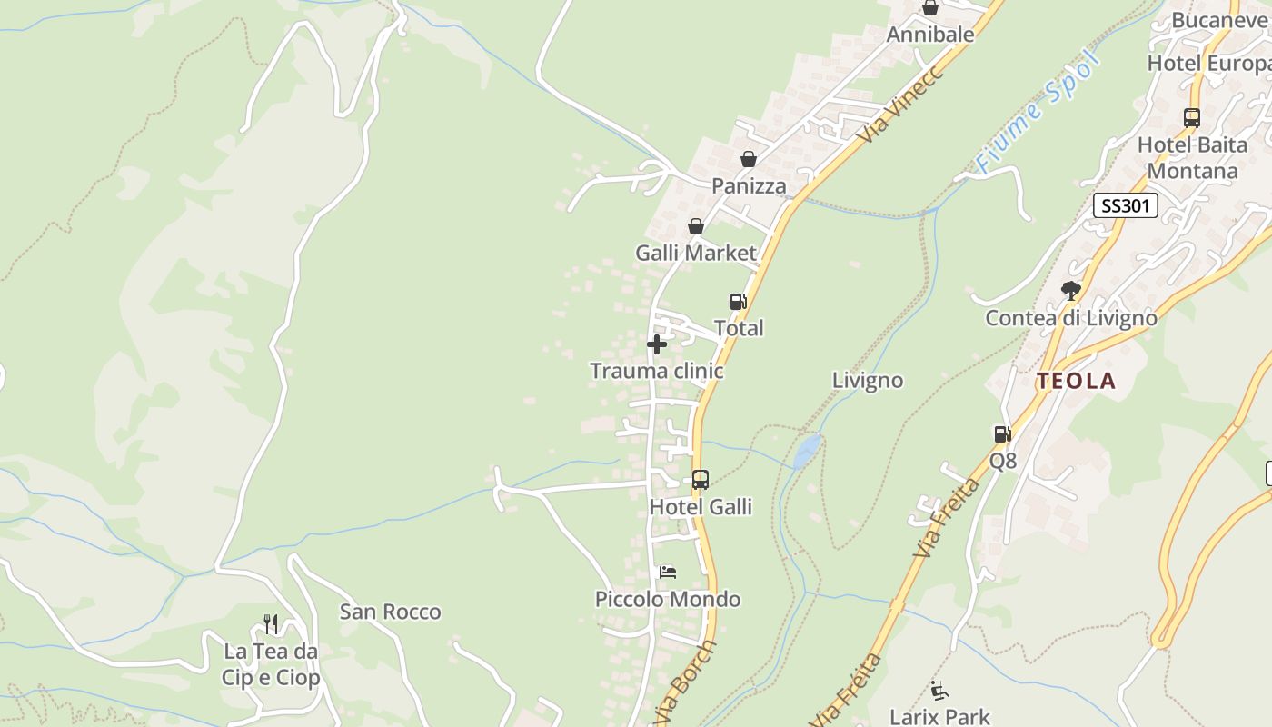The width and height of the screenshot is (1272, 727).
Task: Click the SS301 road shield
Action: [1125, 205]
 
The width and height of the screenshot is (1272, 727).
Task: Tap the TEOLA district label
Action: [1077, 381]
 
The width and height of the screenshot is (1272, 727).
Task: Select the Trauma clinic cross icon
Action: [656, 344]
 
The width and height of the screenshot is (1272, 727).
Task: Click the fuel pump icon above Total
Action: [738, 302]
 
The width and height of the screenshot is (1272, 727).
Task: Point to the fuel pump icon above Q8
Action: [1002, 434]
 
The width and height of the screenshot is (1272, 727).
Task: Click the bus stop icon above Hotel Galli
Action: [700, 480]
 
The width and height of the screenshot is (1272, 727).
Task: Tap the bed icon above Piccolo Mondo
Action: [668, 573]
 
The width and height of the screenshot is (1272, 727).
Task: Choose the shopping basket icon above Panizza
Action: [748, 159]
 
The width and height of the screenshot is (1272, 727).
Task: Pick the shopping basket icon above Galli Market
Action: [695, 226]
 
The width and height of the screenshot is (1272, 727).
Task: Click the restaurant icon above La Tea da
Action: [271, 624]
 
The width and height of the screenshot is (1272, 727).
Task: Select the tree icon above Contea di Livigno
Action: [1071, 291]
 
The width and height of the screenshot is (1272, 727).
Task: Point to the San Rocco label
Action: [390, 612]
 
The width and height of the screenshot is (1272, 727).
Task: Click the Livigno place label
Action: [868, 380]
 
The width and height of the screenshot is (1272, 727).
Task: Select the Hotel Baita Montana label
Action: [1192, 157]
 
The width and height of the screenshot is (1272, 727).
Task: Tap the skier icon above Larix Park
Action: [939, 691]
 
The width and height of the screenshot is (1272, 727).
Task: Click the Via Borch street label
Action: [687, 684]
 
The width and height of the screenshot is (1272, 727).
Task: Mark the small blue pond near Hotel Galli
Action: [807, 450]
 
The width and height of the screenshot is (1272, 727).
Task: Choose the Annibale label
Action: [929, 35]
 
